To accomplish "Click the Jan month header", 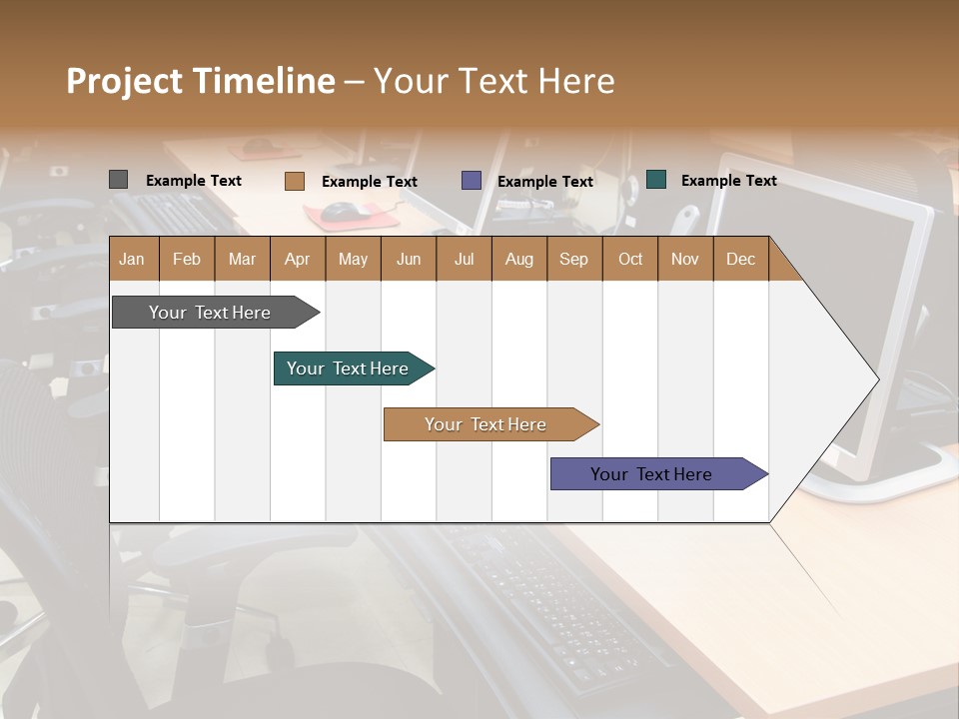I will click(133, 259).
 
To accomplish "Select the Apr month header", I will click(298, 259).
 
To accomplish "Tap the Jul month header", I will click(464, 259).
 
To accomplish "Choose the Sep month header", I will click(573, 259).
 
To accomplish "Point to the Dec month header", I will click(740, 259).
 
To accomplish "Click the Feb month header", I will click(187, 259).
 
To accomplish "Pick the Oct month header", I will click(630, 259).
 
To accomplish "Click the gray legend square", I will click(118, 180).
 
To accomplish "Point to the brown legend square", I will click(294, 181).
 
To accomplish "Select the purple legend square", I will click(472, 181).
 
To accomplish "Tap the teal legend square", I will click(656, 180).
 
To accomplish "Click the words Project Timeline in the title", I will click(200, 81).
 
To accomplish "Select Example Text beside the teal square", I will click(728, 181).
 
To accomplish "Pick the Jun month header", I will click(409, 259).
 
